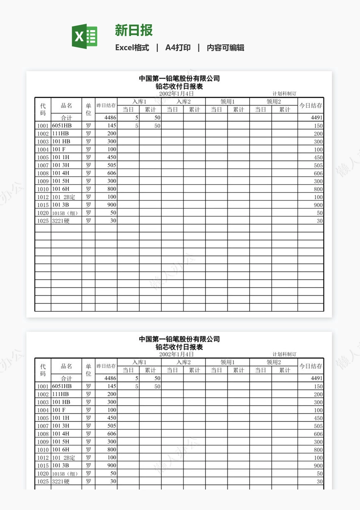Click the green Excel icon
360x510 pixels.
85,36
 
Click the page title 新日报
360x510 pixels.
134,30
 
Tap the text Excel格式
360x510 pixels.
132,48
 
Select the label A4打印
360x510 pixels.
178,48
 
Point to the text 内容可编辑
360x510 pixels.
226,48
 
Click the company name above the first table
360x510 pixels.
179,79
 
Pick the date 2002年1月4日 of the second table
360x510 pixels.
176,354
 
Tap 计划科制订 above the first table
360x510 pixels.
284,94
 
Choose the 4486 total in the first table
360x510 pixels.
111,118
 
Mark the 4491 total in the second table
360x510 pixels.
316,378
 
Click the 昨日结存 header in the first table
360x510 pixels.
106,105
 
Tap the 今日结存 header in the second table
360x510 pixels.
311,366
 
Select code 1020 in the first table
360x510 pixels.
43,213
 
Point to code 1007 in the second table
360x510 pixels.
43,426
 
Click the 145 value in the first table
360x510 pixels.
111,126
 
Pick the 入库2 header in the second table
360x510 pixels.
183,362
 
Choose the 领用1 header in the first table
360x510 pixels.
227,102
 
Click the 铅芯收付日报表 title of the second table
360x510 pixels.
179,347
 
